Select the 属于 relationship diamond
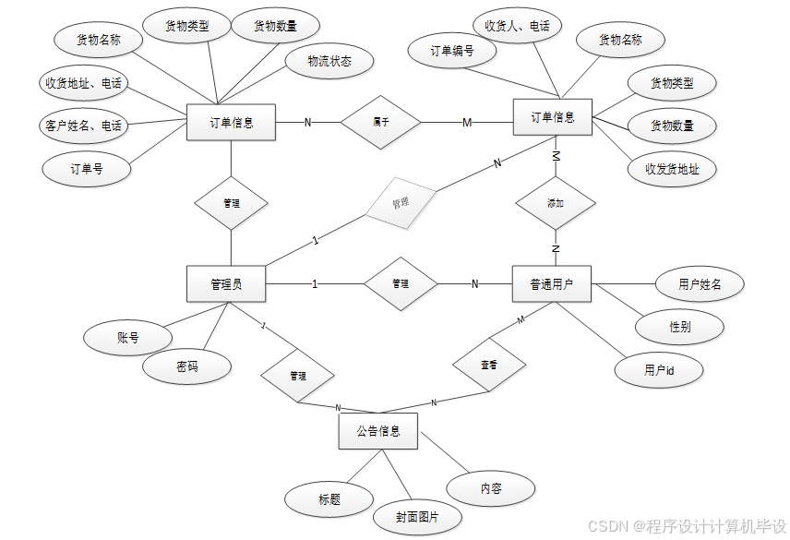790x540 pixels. (x=380, y=122)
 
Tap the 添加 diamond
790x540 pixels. (x=555, y=202)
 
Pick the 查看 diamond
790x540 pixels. (x=489, y=365)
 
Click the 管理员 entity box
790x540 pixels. (x=226, y=284)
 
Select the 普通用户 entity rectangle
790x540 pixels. (x=551, y=284)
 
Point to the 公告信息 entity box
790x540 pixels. (x=378, y=431)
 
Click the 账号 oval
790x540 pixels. (x=127, y=338)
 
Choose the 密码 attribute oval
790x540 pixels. (x=186, y=366)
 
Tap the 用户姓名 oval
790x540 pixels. (x=699, y=285)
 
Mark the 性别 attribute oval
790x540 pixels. (x=679, y=327)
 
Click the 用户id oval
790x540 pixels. (x=659, y=370)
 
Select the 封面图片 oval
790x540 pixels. (x=417, y=518)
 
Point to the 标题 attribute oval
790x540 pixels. (x=329, y=499)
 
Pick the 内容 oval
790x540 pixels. (x=491, y=488)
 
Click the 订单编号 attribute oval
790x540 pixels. (x=452, y=52)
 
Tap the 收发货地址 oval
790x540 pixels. (x=672, y=169)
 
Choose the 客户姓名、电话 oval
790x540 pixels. (x=83, y=125)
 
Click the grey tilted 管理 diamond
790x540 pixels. (x=401, y=202)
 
